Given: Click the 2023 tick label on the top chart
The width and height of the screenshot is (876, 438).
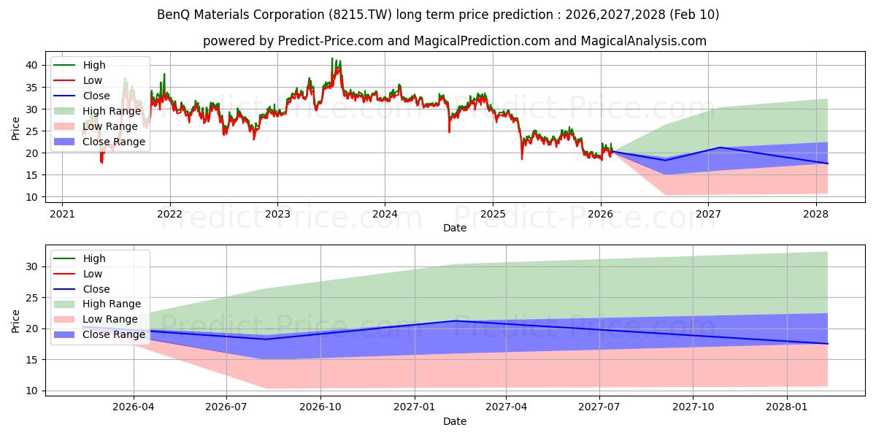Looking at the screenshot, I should click(277, 214).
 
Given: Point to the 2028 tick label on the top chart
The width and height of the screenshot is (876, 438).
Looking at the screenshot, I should click(815, 214).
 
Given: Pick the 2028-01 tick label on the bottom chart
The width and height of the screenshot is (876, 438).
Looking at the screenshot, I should click(788, 407).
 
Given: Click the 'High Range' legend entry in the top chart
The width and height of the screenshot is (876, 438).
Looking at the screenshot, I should click(112, 111).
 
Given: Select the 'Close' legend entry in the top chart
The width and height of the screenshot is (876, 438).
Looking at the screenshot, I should click(96, 96).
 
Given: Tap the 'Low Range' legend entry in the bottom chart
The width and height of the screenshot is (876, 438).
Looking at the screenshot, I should click(110, 319).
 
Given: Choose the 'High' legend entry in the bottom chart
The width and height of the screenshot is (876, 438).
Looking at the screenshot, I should click(94, 258).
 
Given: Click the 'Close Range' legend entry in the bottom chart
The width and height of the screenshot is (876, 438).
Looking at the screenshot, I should click(113, 334).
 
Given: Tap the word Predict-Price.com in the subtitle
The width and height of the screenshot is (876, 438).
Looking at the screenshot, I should click(331, 41).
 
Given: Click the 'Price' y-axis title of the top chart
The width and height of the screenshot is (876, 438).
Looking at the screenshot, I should click(16, 128).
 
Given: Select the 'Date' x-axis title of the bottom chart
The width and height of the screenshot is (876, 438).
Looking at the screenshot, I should click(454, 421).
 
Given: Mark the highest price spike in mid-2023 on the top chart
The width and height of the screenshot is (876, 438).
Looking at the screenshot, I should click(332, 58).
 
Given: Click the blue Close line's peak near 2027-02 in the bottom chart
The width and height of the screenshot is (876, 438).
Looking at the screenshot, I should click(454, 320).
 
